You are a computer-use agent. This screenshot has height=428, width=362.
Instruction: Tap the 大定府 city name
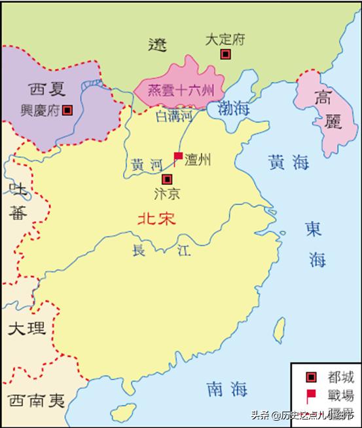pos(225,40)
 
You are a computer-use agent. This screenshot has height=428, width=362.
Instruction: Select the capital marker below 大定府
pos(225,54)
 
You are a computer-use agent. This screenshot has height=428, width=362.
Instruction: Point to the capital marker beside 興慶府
pos(67,110)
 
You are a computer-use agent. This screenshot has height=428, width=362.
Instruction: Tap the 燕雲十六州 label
pos(178,90)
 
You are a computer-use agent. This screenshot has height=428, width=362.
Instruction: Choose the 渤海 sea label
pos(234,108)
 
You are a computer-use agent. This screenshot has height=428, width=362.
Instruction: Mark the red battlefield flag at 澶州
pos(177,156)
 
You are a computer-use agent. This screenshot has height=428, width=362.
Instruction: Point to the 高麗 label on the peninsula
pos(322,109)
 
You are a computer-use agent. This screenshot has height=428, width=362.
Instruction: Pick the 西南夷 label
pos(36,400)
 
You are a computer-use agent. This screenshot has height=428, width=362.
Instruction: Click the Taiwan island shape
pos(279,328)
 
